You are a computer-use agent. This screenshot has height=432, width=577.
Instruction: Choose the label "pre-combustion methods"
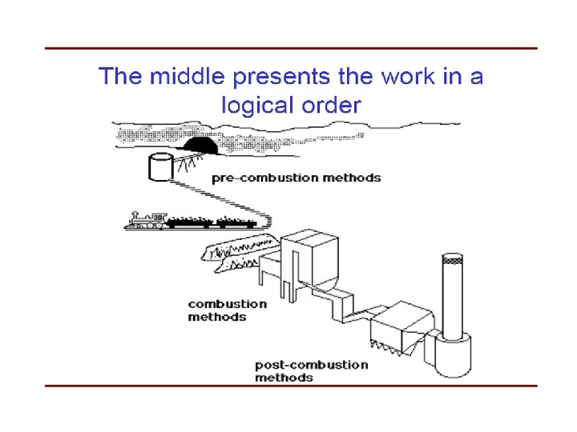[x=296, y=178]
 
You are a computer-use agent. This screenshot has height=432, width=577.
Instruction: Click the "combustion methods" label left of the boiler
[x=228, y=310]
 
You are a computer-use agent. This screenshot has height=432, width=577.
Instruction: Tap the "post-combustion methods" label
[x=312, y=370]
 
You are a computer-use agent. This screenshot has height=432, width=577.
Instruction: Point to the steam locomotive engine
[x=146, y=220]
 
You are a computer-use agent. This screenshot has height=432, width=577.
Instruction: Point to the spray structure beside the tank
[x=189, y=163]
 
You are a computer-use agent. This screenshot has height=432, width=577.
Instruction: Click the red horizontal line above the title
[x=290, y=48]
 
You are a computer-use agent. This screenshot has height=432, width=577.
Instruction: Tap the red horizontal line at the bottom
[x=290, y=386]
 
